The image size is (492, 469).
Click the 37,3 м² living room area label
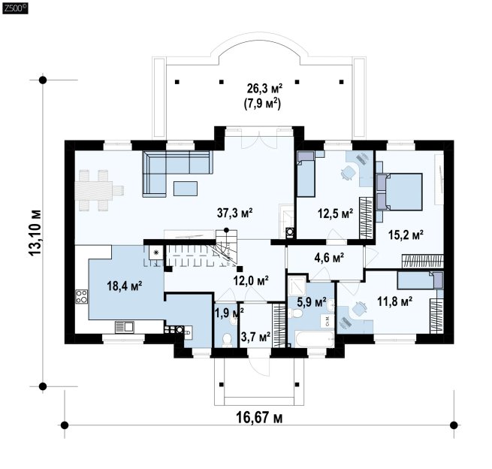point(235,213)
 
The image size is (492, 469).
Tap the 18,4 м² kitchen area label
point(125,286)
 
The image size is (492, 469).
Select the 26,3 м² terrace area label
point(264,89)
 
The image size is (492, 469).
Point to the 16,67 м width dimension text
point(259,418)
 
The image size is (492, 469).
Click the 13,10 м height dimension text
point(35,232)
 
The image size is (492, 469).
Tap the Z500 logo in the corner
point(15,8)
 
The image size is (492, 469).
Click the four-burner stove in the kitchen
point(82,296)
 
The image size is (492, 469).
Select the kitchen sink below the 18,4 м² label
point(125,327)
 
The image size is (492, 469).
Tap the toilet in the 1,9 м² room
point(226,340)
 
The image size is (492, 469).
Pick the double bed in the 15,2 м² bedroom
point(399,192)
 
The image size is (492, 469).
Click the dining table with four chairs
point(99,190)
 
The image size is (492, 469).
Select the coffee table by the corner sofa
point(186,189)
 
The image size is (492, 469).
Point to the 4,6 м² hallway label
point(329,258)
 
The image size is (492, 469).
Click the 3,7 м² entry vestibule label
point(255,337)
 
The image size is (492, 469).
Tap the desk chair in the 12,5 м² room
point(348,172)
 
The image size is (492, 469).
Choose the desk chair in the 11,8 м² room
point(360,308)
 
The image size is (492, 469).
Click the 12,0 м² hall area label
point(251,280)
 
